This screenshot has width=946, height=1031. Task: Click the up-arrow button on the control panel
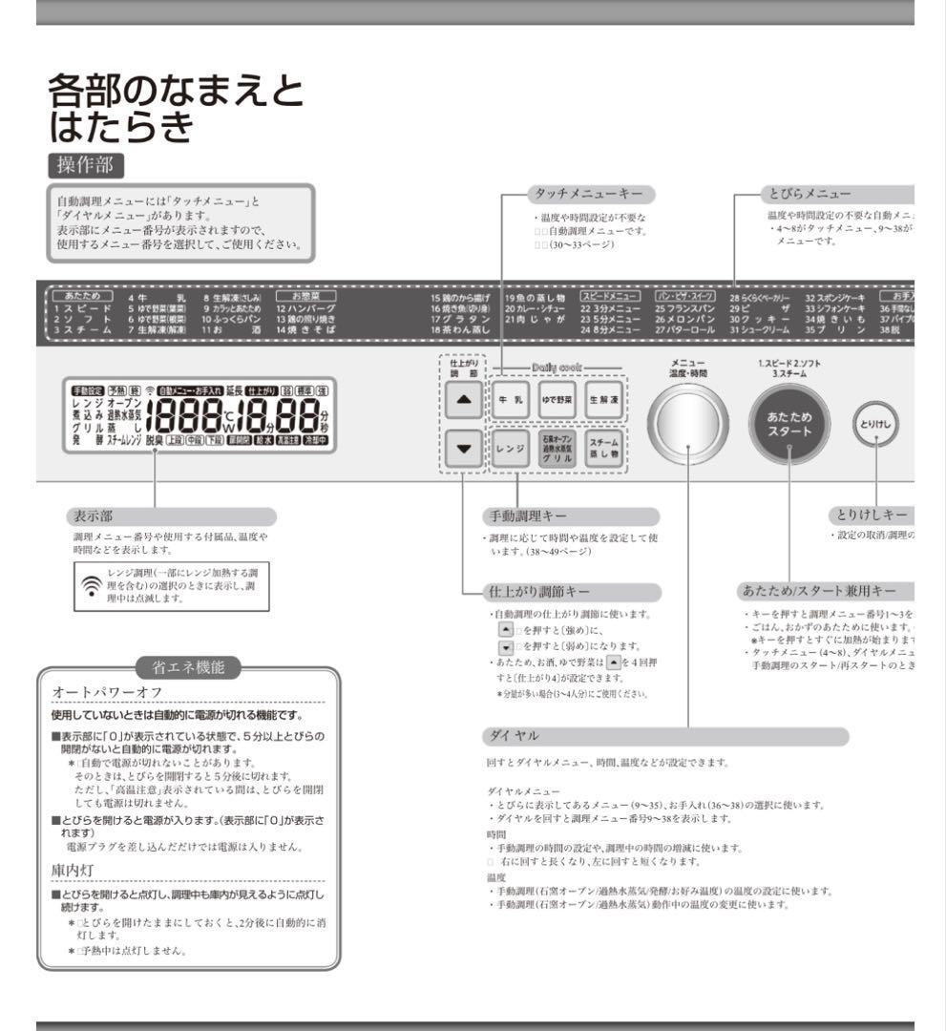tap(464, 401)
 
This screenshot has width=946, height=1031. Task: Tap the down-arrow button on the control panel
tap(464, 448)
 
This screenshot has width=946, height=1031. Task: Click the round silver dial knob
tap(687, 424)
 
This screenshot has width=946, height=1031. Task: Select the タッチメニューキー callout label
tap(592, 194)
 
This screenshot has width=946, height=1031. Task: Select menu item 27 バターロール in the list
tap(685, 329)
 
